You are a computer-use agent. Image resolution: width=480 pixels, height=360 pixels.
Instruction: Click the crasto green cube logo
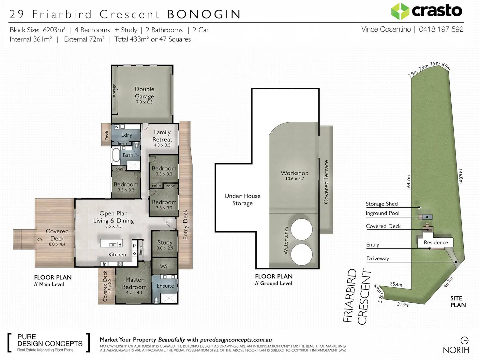point(400,11)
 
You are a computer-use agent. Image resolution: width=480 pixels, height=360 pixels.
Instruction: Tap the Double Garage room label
point(144,93)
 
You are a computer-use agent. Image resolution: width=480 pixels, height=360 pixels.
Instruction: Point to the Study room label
point(165,242)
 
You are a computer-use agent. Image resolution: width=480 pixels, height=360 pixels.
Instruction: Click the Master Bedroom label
point(134,283)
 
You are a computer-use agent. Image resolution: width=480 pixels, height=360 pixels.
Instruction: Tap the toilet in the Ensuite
point(156,300)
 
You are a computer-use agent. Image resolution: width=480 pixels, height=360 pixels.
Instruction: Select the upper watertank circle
point(301,229)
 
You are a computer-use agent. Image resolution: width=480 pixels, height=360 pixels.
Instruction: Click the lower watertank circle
point(301,254)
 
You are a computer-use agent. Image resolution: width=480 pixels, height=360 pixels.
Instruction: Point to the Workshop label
point(294,173)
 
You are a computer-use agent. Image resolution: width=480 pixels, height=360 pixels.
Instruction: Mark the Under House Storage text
point(242,199)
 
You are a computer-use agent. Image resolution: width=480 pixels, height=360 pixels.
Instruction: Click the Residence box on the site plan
point(435,243)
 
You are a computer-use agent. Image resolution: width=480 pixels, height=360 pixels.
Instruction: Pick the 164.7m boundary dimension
point(408,182)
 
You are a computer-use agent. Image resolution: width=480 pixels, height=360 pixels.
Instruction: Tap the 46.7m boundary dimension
point(448,282)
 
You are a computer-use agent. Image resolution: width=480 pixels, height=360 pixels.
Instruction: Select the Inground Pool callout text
point(382,213)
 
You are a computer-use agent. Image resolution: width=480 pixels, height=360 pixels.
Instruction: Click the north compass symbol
point(464,340)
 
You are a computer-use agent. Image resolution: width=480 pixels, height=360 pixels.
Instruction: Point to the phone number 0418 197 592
point(441,29)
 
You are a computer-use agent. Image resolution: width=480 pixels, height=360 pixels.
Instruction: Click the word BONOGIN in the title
point(204,14)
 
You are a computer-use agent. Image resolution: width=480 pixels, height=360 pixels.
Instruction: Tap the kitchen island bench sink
point(113,245)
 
